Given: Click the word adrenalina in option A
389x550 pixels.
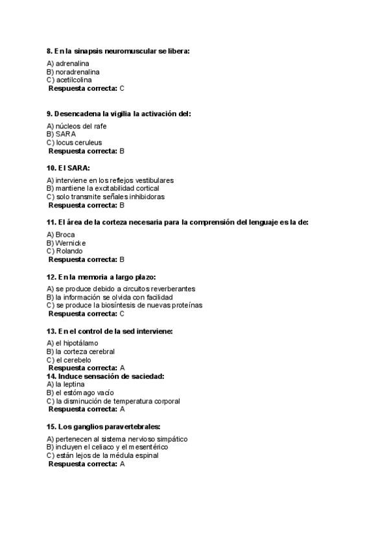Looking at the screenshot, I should click(x=72, y=64).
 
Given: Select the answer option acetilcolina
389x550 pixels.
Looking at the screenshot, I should click(x=73, y=80).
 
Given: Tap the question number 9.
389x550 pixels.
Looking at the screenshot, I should click(x=49, y=114).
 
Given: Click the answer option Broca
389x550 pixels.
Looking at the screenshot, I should click(x=65, y=234).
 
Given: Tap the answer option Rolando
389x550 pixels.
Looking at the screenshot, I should click(x=69, y=251).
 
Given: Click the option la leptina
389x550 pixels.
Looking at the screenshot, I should click(x=70, y=384).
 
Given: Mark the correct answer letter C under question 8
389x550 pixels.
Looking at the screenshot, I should click(x=123, y=88).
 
